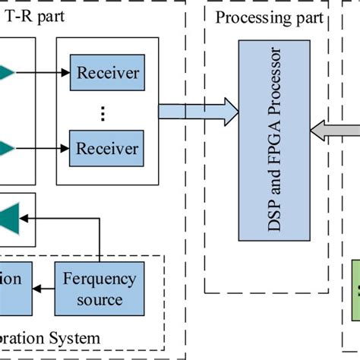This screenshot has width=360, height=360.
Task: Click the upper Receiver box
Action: click(108, 74)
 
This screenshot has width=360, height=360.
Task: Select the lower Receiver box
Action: click(108, 147)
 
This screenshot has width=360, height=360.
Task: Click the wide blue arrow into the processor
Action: click(194, 111)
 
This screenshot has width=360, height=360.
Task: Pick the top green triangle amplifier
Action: click(6, 73)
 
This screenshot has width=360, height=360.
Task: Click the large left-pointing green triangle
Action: click(11, 217)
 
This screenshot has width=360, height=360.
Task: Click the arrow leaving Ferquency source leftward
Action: click(45, 289)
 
